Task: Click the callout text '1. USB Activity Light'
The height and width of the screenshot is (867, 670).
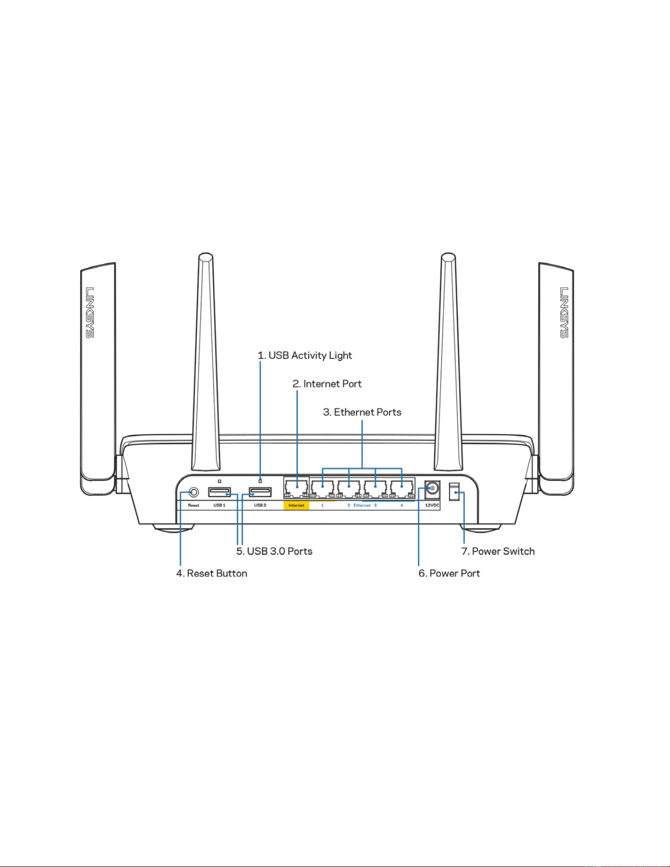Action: coord(305,355)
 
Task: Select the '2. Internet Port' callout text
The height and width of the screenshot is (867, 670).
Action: coord(327,384)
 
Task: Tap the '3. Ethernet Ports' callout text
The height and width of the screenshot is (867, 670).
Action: coord(362,412)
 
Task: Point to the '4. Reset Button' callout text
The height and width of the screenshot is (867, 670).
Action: coord(212,573)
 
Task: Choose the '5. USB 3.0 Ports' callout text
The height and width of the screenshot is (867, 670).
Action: coord(274,551)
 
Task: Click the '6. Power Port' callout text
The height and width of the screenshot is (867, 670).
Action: coord(449,573)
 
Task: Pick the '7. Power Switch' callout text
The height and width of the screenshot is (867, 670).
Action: coord(498,551)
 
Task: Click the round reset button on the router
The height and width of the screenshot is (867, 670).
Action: coord(194,492)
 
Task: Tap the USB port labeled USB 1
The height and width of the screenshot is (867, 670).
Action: coord(220,492)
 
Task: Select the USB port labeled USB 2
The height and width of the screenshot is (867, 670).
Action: coord(260,492)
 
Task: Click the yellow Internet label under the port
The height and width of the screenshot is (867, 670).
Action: coord(296,505)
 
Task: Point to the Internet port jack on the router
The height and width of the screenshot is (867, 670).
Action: coord(296,488)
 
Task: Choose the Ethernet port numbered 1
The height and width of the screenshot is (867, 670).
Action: coord(322,488)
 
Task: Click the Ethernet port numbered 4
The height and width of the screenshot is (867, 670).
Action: coord(402,488)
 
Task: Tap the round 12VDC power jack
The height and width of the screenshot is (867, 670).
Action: coord(432,489)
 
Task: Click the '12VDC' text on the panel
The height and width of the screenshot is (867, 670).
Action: coord(432,505)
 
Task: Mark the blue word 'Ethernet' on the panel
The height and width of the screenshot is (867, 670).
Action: coord(362,505)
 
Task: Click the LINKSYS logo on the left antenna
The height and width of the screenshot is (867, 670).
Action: coord(90,313)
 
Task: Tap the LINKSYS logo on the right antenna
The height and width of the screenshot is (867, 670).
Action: coord(564,313)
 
